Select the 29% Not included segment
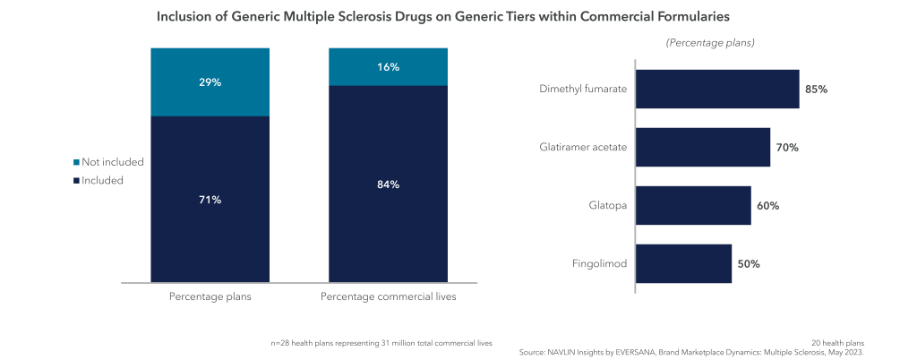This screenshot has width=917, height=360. tap(210, 81)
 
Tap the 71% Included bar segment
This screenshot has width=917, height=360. tap(210, 199)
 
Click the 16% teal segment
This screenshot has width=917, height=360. tap(388, 67)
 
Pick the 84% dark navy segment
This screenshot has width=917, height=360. tap(388, 184)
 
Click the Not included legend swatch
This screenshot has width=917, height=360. tap(76, 163)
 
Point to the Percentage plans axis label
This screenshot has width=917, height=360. tap(210, 296)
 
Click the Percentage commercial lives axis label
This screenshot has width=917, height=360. tap(388, 296)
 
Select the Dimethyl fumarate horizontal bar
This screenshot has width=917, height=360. tap(716, 90)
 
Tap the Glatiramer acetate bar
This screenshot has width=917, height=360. tap(702, 147)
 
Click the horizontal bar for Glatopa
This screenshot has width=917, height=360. tap(692, 206)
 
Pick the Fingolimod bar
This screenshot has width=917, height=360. tap(683, 263)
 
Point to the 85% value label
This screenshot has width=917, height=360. tap(816, 90)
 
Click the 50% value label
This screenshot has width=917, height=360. tap(749, 263)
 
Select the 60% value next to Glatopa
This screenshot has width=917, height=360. tap(767, 206)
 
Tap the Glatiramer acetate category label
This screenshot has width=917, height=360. tap(583, 147)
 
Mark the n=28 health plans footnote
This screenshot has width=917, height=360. tap(381, 343)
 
